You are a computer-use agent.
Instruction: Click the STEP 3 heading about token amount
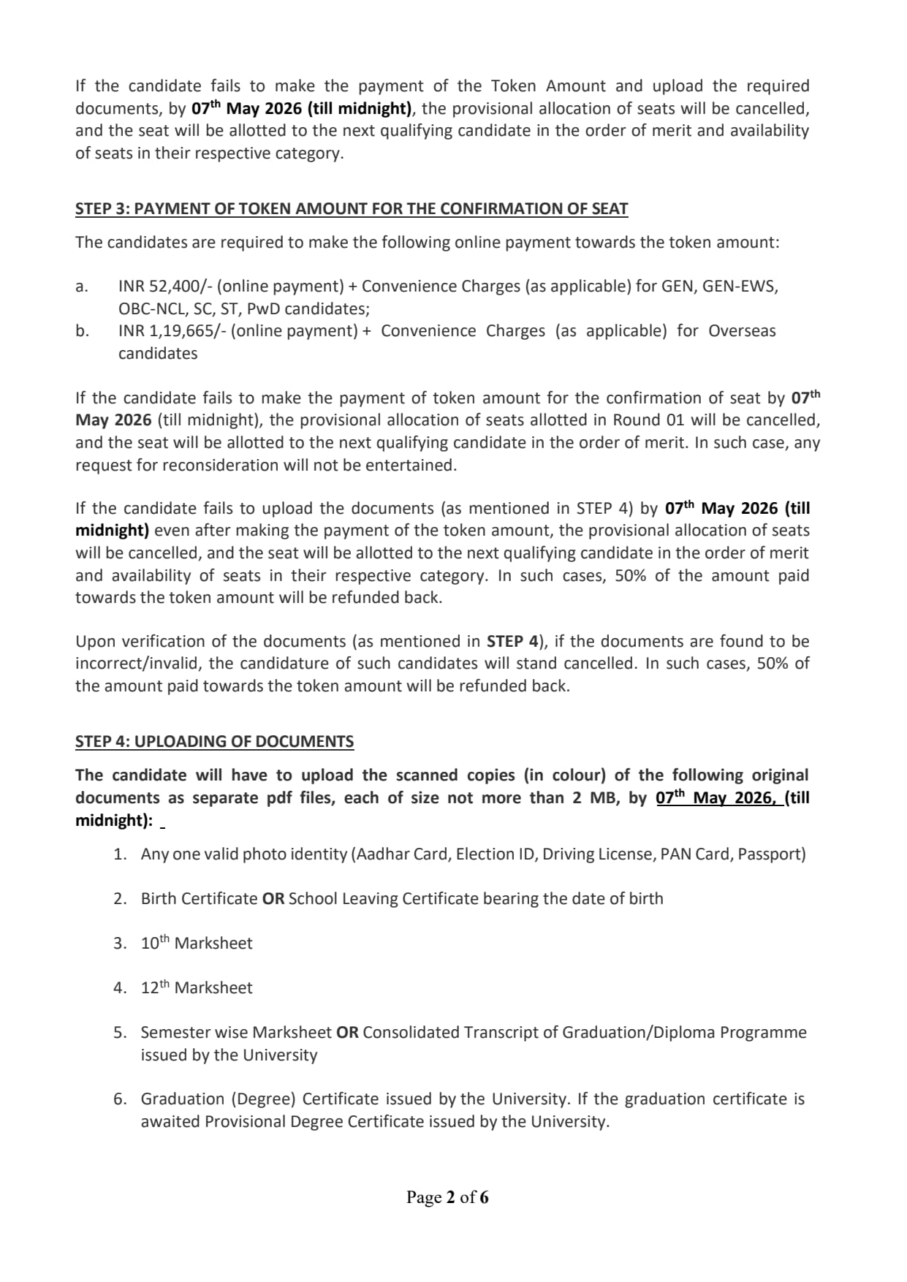click(x=351, y=209)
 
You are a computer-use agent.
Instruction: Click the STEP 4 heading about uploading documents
click(x=214, y=742)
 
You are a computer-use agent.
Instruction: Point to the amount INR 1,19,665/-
click(x=172, y=331)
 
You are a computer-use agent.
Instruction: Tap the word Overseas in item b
click(x=742, y=331)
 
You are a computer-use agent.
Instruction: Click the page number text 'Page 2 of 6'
click(x=447, y=1197)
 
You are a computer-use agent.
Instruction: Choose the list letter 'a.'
click(x=82, y=287)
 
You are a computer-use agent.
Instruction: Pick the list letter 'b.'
click(x=82, y=331)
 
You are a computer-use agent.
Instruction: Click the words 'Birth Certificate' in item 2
click(x=199, y=899)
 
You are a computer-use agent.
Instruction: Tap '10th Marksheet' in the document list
click(x=196, y=944)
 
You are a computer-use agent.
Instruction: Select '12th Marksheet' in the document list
click(x=196, y=988)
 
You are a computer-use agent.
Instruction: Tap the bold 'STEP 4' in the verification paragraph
click(x=512, y=642)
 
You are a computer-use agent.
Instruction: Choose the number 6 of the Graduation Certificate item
click(x=119, y=1099)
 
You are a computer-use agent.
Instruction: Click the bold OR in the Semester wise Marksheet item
click(x=347, y=1033)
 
